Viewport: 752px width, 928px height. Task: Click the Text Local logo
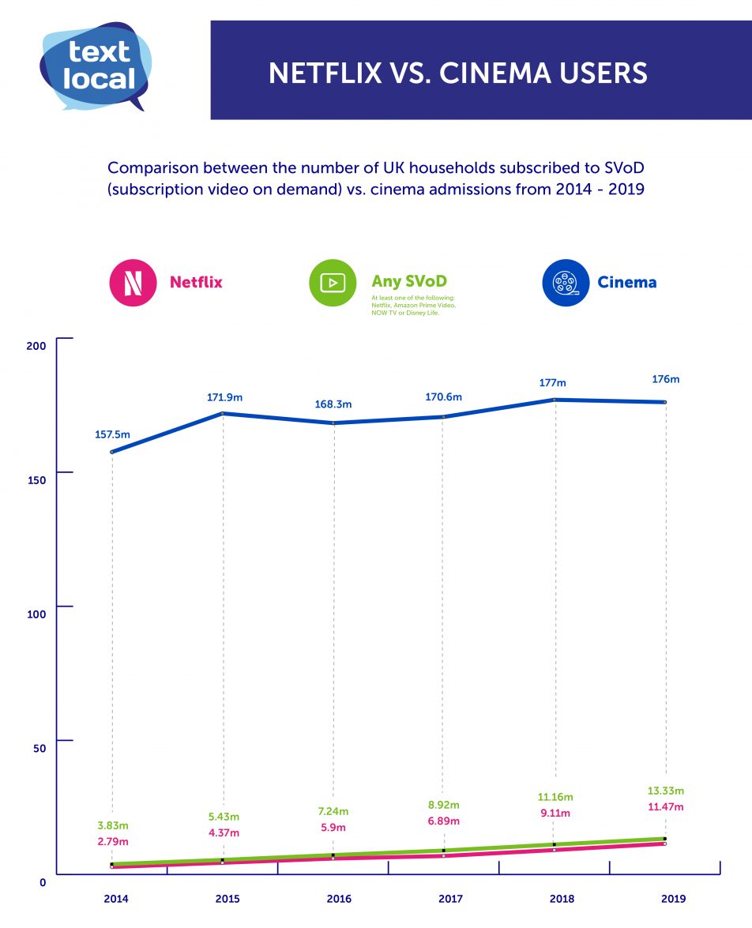pos(95,66)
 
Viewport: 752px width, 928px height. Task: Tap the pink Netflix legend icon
pos(133,282)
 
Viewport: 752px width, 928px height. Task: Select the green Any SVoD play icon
pos(333,282)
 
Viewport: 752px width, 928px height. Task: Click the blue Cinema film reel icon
pos(566,282)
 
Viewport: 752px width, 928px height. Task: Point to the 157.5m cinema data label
pos(111,434)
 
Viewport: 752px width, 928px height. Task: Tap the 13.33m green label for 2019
pos(665,791)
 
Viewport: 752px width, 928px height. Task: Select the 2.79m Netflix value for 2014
pos(111,841)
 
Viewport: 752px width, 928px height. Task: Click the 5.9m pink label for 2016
pos(333,828)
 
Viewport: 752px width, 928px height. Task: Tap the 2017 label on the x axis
pos(450,899)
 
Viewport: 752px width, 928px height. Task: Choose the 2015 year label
pos(227,899)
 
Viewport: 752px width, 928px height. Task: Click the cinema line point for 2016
pos(333,423)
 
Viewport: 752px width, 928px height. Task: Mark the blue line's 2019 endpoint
pos(665,402)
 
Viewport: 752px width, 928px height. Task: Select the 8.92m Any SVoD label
pos(444,805)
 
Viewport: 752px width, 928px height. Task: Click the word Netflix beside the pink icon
pos(196,282)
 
